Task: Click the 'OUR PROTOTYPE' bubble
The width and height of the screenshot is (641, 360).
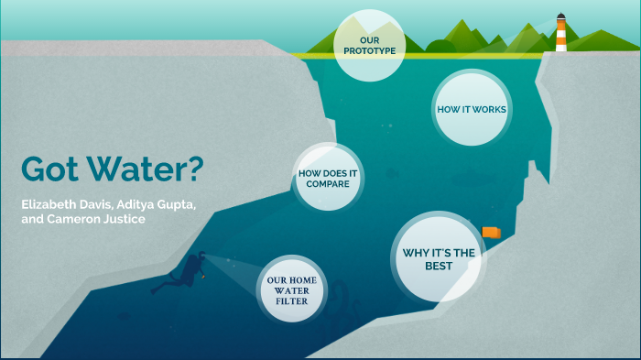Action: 370,46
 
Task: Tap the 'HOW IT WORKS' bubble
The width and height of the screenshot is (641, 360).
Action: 471,109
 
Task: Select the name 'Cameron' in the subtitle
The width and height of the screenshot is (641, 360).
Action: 81,220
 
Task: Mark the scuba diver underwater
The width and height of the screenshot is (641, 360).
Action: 189,272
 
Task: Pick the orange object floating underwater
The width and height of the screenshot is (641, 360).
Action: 491,232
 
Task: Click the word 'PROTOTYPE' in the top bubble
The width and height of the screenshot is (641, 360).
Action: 370,51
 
